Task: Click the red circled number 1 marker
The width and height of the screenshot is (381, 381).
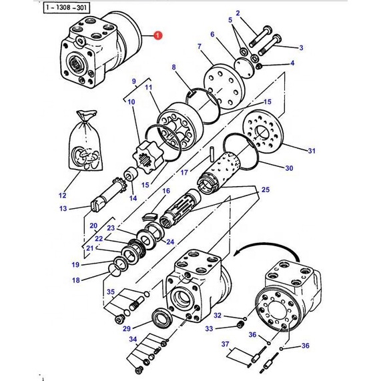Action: click(x=157, y=35)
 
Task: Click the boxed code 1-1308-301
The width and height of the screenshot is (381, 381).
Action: click(x=66, y=8)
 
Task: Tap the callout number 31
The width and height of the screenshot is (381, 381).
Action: click(x=312, y=151)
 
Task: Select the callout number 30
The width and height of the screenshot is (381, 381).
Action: click(x=289, y=168)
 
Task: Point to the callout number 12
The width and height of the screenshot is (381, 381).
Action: click(x=63, y=196)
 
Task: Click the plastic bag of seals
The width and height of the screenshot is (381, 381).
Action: click(x=85, y=141)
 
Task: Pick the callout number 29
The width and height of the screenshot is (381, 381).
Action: click(x=127, y=329)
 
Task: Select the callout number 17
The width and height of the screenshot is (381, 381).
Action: click(x=184, y=173)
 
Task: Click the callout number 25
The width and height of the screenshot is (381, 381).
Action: click(x=266, y=189)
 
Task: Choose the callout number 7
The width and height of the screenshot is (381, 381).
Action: click(x=200, y=46)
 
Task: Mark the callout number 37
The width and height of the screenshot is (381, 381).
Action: click(x=225, y=344)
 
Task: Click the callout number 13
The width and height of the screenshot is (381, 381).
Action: click(x=63, y=208)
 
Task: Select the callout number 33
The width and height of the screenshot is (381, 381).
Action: click(x=209, y=329)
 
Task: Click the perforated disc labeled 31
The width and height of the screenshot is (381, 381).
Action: click(x=263, y=131)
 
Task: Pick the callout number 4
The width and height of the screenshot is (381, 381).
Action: click(x=292, y=63)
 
